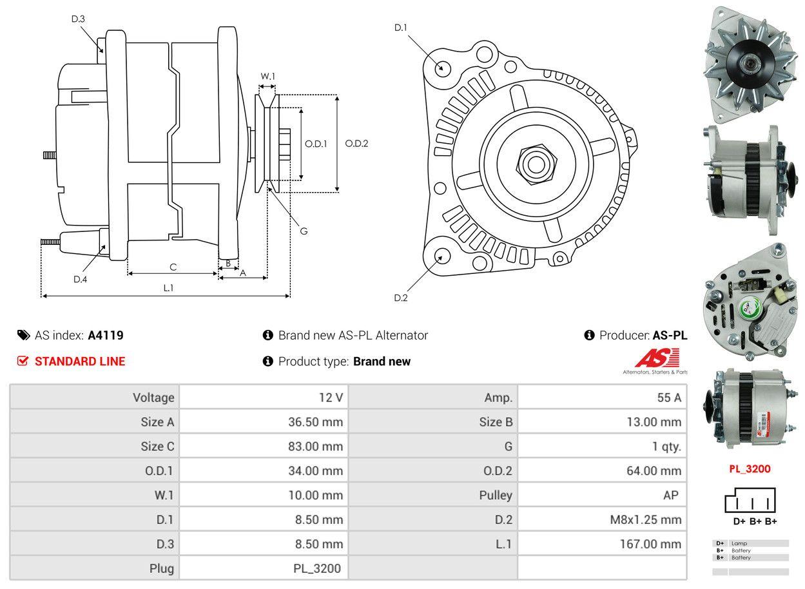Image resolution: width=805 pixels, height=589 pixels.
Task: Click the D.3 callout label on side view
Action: (78, 19)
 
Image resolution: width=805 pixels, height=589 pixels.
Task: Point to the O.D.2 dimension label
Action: (356, 144)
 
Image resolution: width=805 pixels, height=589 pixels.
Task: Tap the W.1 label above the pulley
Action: (267, 77)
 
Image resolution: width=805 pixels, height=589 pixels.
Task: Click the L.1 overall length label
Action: (168, 288)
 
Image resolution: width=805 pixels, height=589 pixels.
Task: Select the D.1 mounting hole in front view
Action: (442, 68)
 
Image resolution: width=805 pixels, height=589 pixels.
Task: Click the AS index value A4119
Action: (106, 335)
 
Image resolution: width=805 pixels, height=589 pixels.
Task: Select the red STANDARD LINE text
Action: (80, 362)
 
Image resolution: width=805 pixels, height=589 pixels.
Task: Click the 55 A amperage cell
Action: (668, 398)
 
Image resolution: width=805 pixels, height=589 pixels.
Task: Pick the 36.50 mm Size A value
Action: (315, 422)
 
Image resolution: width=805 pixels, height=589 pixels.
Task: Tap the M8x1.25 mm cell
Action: (645, 519)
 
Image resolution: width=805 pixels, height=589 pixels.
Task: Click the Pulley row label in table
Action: (496, 495)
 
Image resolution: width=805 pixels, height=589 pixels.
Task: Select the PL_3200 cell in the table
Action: (317, 568)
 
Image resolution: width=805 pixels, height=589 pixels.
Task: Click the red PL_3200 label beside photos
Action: (750, 469)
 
